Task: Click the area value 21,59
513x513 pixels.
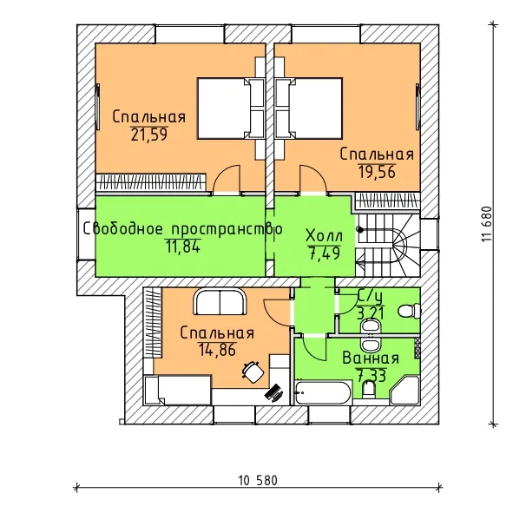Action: (149, 135)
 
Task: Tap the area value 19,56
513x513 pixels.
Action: (377, 172)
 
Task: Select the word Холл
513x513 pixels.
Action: (325, 235)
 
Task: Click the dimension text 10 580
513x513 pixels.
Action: (258, 480)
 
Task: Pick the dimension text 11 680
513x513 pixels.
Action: (487, 224)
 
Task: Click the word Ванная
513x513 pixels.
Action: (371, 358)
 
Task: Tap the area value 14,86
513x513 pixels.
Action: (217, 350)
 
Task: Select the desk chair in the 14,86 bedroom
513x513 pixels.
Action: (253, 372)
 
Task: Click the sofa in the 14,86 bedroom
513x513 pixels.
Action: (220, 302)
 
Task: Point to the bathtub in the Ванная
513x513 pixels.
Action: (323, 392)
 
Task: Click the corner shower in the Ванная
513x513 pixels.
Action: (405, 391)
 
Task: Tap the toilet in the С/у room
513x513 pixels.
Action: (410, 311)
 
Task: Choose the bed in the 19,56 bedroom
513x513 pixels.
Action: (308, 109)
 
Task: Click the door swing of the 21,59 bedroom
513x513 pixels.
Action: (227, 179)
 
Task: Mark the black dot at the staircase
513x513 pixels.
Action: (360, 230)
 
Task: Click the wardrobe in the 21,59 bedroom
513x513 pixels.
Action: (151, 182)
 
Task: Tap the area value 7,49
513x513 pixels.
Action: (324, 253)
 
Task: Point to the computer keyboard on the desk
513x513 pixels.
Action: (273, 391)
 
